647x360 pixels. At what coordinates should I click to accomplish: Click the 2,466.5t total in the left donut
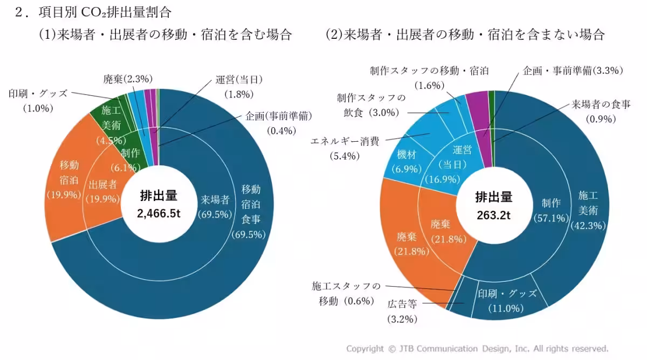pos(159,213)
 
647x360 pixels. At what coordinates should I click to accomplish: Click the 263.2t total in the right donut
pos(493,215)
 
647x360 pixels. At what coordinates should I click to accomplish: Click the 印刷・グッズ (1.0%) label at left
pos(38,100)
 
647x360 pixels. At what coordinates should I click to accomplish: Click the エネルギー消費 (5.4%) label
pos(345,148)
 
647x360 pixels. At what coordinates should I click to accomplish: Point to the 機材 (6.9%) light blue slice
pos(406,161)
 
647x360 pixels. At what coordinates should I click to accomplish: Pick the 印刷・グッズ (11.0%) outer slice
pos(507,300)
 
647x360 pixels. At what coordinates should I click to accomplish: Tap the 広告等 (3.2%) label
pos(402,310)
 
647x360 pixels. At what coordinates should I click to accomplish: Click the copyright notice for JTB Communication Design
pos(477,348)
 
